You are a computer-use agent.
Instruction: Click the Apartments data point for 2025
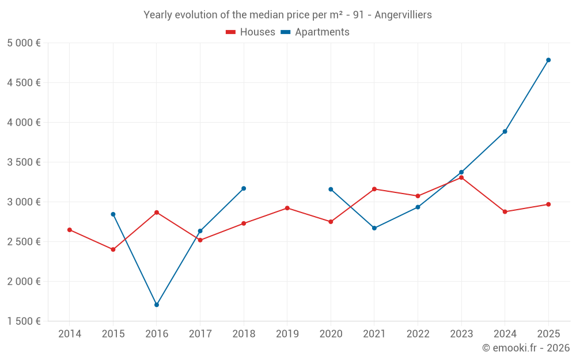pyautogui.click(x=548, y=60)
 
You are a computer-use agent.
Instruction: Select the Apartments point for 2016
pyautogui.click(x=157, y=305)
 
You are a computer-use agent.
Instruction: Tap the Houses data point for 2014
pyautogui.click(x=70, y=230)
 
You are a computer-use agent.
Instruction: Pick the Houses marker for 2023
pyautogui.click(x=461, y=177)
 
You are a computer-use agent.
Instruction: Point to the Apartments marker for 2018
pyautogui.click(x=244, y=188)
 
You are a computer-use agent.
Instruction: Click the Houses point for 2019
pyautogui.click(x=287, y=208)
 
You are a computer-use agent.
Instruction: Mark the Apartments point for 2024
pyautogui.click(x=505, y=131)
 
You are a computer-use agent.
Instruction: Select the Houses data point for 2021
pyautogui.click(x=374, y=189)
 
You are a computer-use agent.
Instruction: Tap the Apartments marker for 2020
pyautogui.click(x=331, y=189)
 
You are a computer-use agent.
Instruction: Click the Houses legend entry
pyautogui.click(x=251, y=32)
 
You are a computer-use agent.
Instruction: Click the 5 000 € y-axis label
pyautogui.click(x=24, y=43)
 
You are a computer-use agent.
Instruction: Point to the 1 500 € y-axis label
pyautogui.click(x=24, y=321)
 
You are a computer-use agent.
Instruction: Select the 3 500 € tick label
pyautogui.click(x=24, y=162)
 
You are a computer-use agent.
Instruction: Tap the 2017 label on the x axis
pyautogui.click(x=200, y=334)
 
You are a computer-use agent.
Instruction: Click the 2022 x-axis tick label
pyautogui.click(x=418, y=334)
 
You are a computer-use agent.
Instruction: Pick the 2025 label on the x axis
pyautogui.click(x=548, y=334)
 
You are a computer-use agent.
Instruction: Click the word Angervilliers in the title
pyautogui.click(x=403, y=15)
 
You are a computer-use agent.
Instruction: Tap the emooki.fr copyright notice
pyautogui.click(x=526, y=348)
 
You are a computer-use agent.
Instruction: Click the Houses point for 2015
pyautogui.click(x=113, y=249)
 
